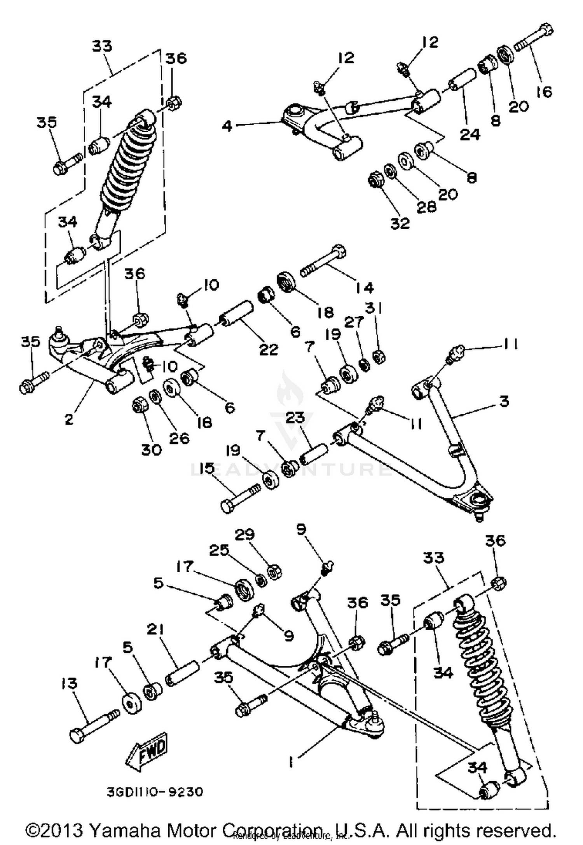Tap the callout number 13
(69, 683)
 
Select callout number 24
(470, 134)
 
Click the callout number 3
(504, 401)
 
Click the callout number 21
(156, 630)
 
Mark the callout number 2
(69, 419)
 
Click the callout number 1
(291, 763)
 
